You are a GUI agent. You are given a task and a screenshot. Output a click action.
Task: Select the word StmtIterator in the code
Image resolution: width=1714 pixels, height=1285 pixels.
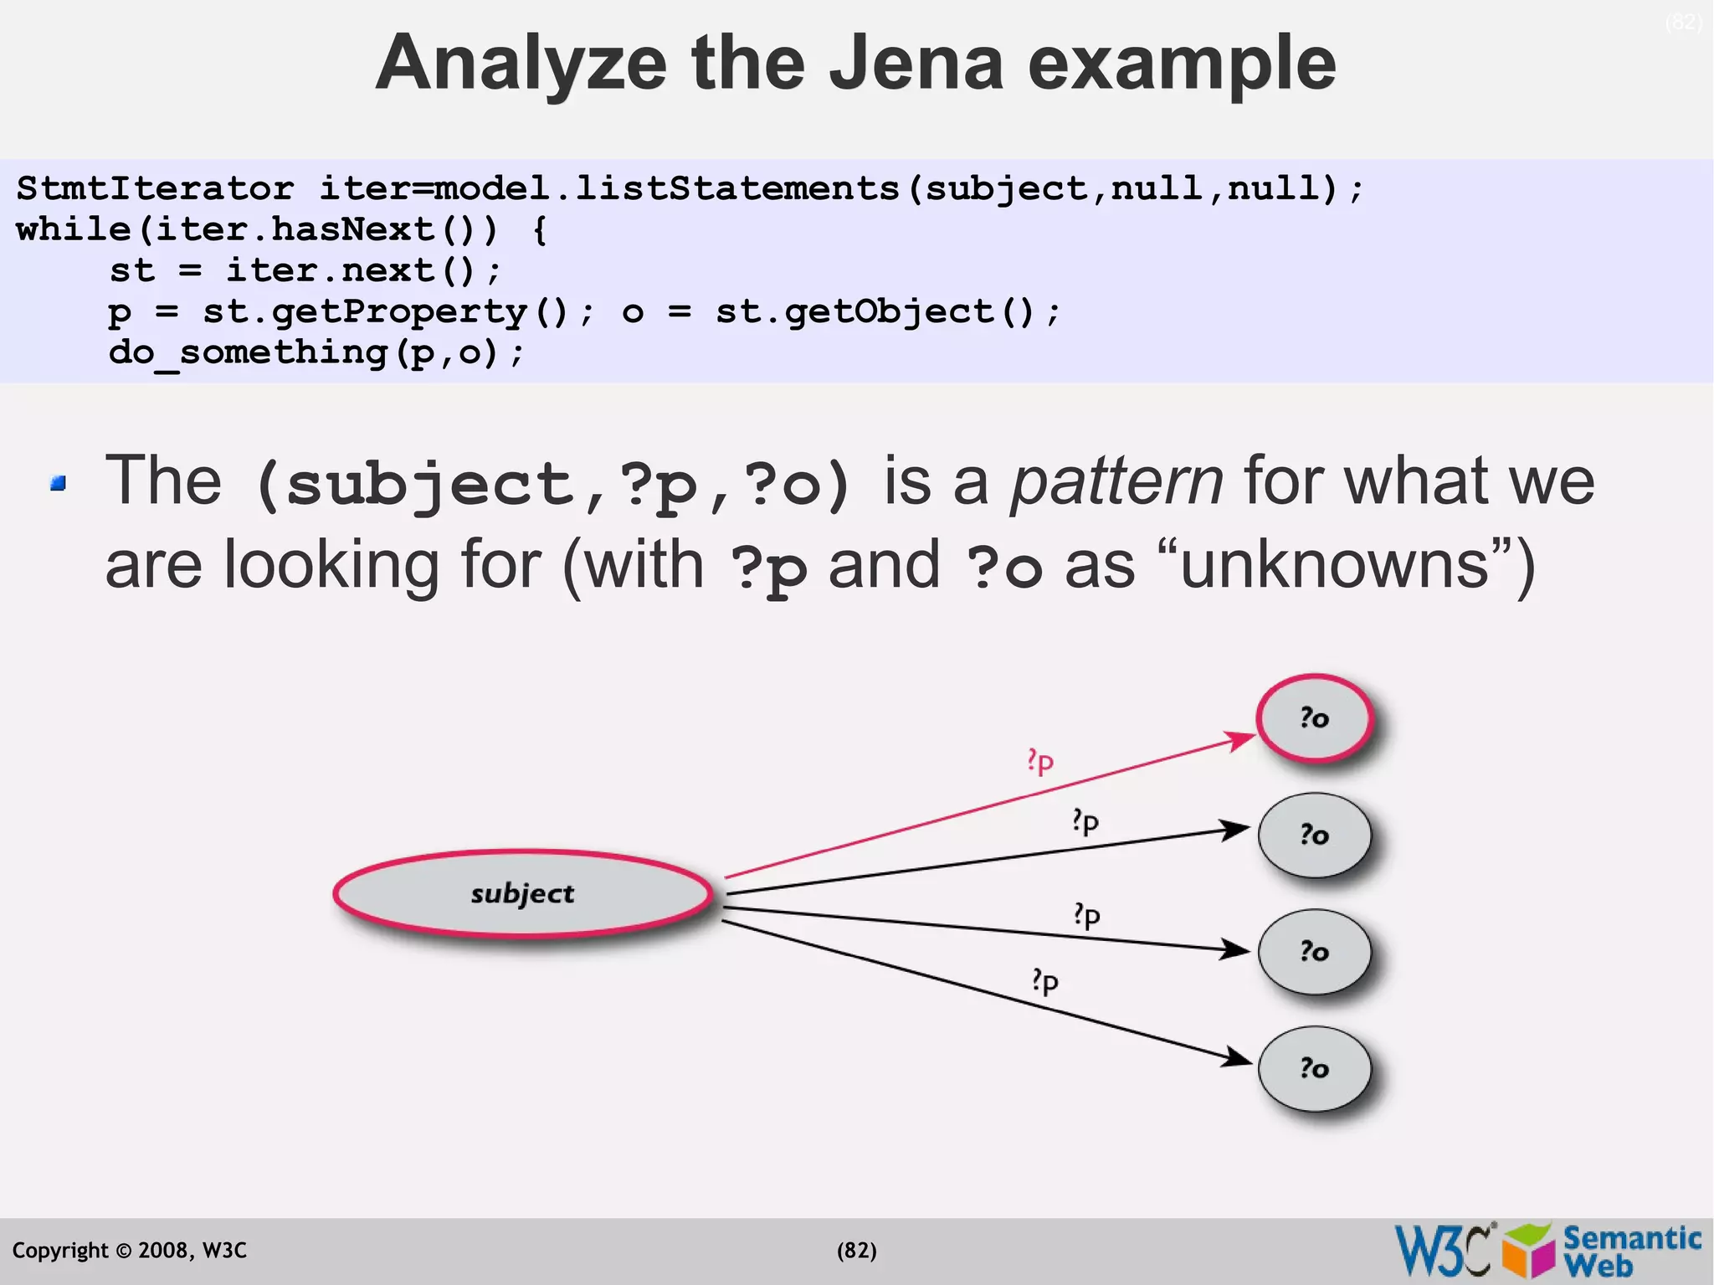coord(155,188)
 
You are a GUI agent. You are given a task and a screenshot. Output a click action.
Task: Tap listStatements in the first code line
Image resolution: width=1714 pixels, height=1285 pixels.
coord(736,188)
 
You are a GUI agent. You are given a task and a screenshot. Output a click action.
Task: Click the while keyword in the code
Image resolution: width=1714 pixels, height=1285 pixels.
coord(73,229)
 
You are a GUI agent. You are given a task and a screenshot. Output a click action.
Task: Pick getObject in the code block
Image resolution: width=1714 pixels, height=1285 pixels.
coord(890,312)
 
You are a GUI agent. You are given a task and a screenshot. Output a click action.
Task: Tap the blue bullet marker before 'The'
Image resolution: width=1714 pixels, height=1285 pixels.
coord(58,483)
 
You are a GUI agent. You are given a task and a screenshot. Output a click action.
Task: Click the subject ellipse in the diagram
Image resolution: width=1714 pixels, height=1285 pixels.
coord(522,893)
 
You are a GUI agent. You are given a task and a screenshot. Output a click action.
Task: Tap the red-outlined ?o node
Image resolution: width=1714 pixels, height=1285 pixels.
coord(1315,718)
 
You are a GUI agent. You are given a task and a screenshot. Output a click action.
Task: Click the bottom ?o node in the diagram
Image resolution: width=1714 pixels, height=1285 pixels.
coord(1315,1068)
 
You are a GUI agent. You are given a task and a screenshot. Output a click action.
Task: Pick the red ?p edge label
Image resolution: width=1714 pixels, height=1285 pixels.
coord(1040,761)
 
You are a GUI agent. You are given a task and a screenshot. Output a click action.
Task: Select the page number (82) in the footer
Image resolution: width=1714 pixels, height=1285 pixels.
coord(856,1251)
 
